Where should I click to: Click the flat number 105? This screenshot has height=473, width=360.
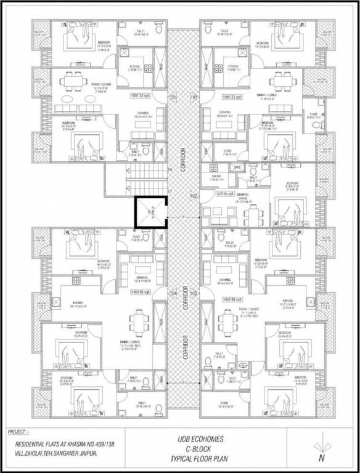tap(173, 97)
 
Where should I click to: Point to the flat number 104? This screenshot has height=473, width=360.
tap(173, 294)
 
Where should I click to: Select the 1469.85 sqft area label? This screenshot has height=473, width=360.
tap(141, 291)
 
